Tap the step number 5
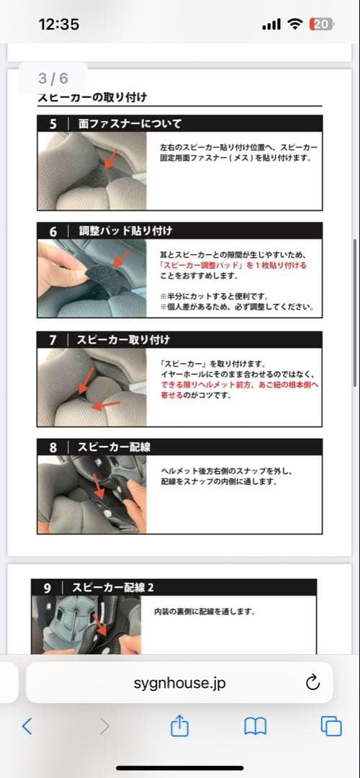53,124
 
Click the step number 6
53,232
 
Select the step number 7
53,340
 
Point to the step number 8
53,447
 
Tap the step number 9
47,588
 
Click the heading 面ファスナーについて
130,124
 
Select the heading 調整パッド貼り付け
125,232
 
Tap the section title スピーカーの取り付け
92,97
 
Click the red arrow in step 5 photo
110,158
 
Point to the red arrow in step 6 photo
120,258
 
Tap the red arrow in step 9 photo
101,626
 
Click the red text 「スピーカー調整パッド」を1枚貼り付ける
233,265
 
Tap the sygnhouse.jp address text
179,683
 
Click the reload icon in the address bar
312,683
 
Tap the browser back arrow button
27,726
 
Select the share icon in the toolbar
179,725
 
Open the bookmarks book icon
256,726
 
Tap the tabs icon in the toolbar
331,726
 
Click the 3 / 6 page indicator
53,79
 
